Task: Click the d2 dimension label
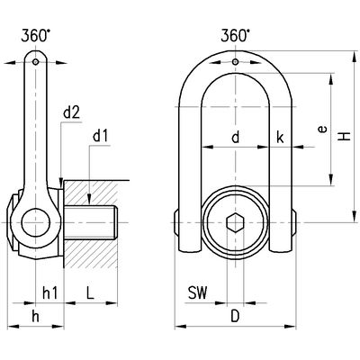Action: pos(72,113)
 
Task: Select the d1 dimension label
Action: pos(100,137)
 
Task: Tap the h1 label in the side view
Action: pos(49,292)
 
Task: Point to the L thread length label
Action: pos(90,292)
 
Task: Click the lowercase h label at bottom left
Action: pos(35,316)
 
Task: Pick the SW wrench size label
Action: pos(198,292)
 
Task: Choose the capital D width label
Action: pos(236,316)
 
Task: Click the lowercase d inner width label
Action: pos(236,138)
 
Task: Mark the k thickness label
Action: pos(280,138)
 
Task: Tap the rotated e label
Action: pos(322,130)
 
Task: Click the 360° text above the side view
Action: pos(36,36)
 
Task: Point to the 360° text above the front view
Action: pos(235,36)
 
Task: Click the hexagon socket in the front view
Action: pos(236,222)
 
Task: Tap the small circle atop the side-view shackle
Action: pos(36,62)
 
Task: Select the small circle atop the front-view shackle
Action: pos(236,62)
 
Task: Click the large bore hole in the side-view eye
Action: pos(36,222)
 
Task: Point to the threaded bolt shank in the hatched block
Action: pos(91,222)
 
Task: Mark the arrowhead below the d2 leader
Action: pos(61,183)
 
